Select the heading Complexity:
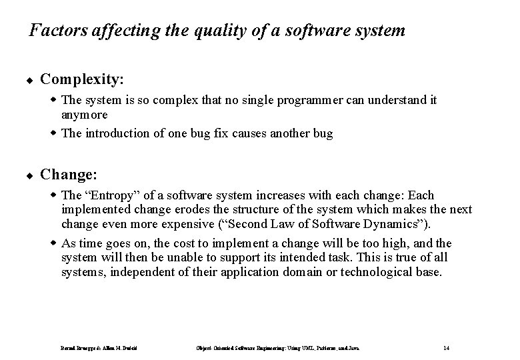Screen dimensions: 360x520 [82, 79]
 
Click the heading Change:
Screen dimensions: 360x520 [69, 175]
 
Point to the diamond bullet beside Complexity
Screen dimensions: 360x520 [31, 81]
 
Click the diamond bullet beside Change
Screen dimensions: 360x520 [31, 176]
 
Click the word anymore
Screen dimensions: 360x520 [85, 115]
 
